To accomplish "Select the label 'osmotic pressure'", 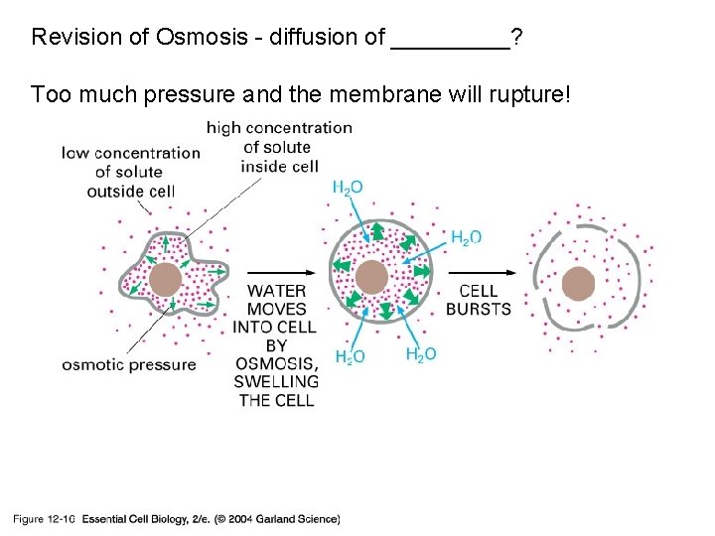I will (x=129, y=364).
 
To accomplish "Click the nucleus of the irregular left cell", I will (x=166, y=279).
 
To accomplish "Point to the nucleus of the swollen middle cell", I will (x=371, y=277).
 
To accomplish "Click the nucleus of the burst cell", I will (x=578, y=285).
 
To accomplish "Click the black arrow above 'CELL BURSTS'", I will (x=484, y=272).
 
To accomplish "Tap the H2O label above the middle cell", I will (x=347, y=188).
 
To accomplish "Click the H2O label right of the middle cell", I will (x=467, y=237).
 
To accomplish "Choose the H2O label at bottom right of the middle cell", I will (x=421, y=354).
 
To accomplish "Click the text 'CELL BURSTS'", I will (x=479, y=300).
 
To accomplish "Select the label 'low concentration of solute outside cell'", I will (x=131, y=171).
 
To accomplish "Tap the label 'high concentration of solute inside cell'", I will (x=279, y=147).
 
